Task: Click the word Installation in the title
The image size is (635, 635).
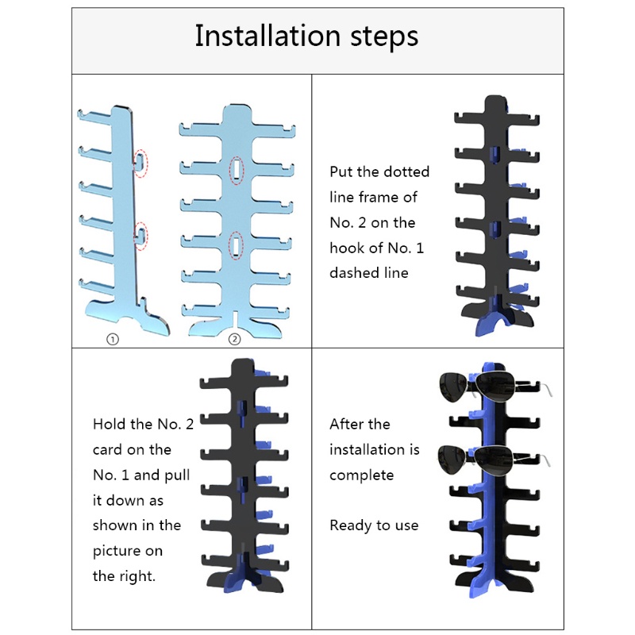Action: [x=267, y=36]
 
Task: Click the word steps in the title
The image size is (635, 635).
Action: [x=384, y=37]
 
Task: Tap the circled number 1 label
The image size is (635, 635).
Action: [x=113, y=340]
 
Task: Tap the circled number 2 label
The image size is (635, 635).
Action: [x=234, y=339]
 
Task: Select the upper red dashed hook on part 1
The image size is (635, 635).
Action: [x=140, y=163]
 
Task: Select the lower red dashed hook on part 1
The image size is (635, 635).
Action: [x=140, y=236]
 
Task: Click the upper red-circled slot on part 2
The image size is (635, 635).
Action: [x=237, y=169]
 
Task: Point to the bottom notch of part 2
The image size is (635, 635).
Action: [x=235, y=317]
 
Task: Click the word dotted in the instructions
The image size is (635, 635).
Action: [x=403, y=171]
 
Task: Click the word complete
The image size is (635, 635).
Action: [x=362, y=475]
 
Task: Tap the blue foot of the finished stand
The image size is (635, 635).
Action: [x=485, y=585]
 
